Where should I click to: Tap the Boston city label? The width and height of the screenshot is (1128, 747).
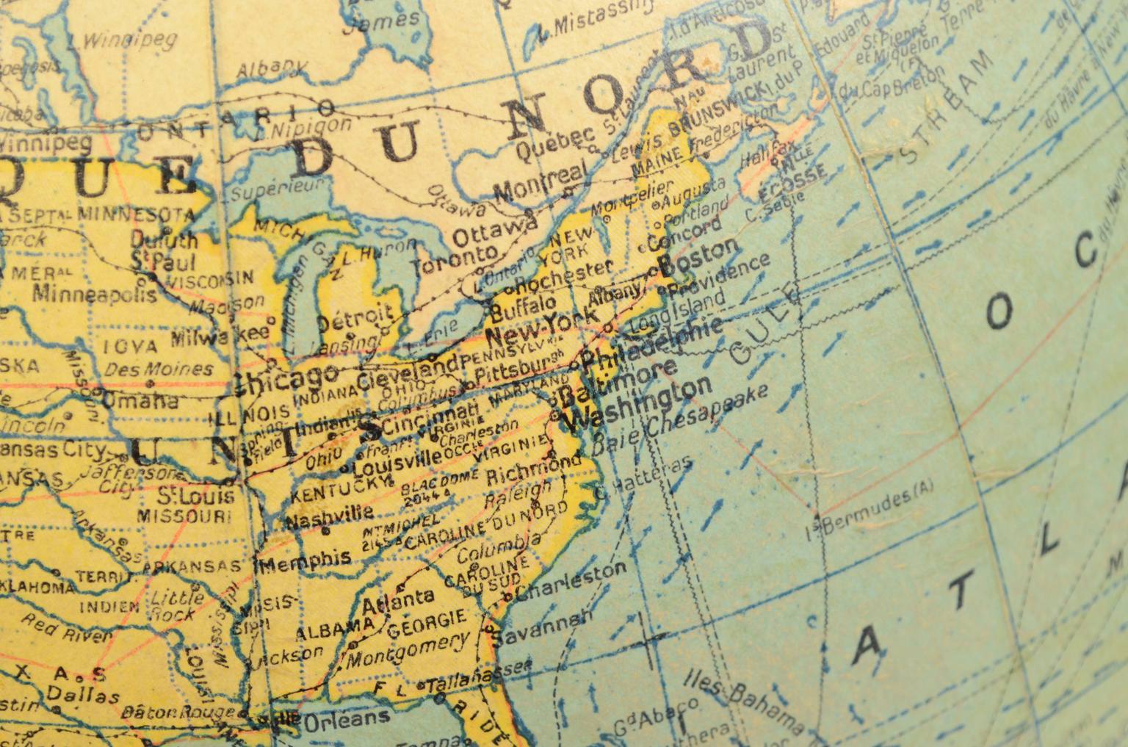click(x=701, y=256)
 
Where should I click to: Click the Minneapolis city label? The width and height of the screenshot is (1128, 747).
click(x=95, y=294)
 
